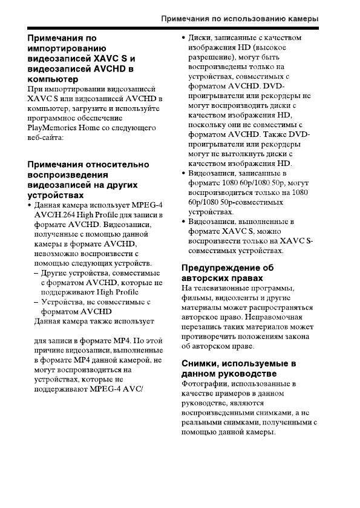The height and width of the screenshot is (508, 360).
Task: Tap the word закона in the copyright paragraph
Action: [x=296, y=337]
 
